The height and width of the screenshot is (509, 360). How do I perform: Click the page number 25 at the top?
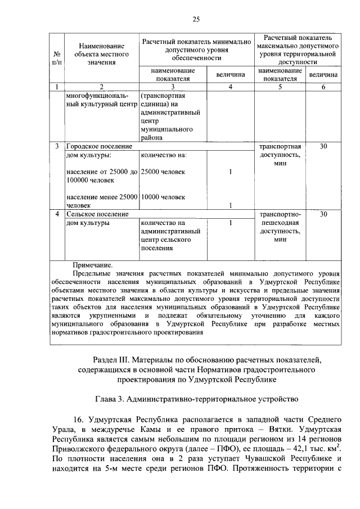click(x=196, y=20)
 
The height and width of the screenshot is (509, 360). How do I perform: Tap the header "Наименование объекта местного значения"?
click(x=101, y=53)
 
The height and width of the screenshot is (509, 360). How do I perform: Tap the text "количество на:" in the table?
click(x=163, y=155)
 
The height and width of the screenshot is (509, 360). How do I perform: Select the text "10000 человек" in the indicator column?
click(x=163, y=197)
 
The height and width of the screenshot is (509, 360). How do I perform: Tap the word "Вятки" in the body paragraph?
click(x=232, y=429)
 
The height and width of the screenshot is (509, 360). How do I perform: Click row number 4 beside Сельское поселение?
click(x=57, y=214)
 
